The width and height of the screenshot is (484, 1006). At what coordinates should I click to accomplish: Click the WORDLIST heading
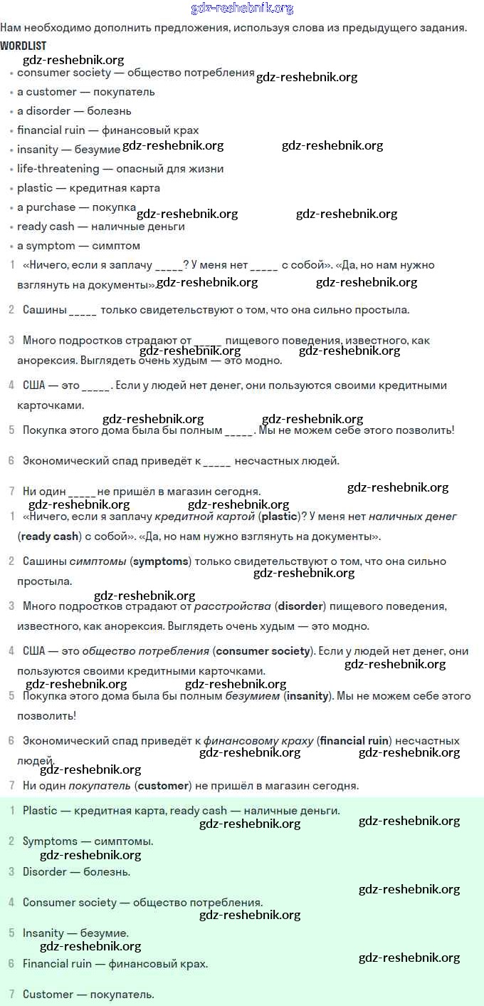23,46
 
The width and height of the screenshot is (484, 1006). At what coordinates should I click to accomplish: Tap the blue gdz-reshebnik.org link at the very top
242,9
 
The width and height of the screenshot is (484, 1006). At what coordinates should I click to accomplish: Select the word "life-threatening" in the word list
58,169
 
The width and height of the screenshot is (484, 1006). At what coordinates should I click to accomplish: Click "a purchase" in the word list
46,207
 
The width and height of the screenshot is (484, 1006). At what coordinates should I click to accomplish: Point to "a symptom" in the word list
46,246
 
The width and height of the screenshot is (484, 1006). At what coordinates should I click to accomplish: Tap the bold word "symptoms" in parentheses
162,561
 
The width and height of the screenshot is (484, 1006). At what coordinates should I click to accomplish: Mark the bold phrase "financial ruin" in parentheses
354,741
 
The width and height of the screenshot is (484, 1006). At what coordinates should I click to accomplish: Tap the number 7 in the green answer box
11,994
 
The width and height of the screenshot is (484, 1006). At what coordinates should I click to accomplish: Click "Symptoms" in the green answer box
50,841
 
